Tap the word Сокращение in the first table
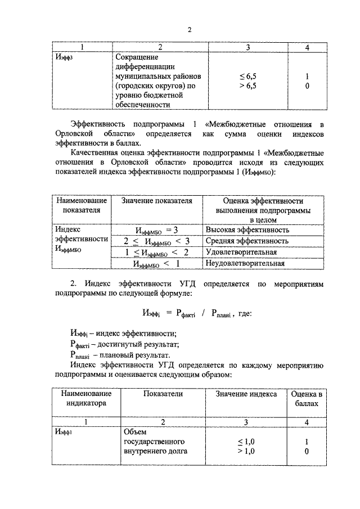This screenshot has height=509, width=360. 137,57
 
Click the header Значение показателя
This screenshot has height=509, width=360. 153,201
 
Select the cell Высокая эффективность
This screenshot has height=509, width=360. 247,230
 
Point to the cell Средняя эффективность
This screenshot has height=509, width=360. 247,241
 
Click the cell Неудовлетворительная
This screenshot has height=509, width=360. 245,263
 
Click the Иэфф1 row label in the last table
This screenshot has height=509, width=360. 64,432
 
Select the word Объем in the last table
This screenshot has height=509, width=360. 134,432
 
